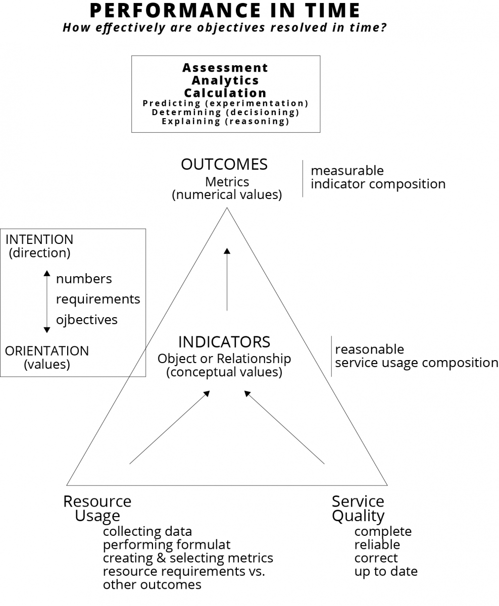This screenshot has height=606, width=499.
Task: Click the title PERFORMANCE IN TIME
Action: click(x=225, y=11)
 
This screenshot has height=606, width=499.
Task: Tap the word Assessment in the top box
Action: click(x=225, y=68)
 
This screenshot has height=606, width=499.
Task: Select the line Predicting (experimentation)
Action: click(x=226, y=103)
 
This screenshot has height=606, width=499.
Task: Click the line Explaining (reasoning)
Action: click(x=226, y=121)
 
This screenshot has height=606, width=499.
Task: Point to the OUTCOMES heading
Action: click(x=224, y=164)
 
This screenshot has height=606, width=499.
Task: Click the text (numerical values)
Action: click(x=227, y=195)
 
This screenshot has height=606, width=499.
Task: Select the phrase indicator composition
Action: click(x=378, y=184)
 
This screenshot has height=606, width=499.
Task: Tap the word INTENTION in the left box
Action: click(x=39, y=239)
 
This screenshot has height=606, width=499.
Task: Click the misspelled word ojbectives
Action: click(x=87, y=320)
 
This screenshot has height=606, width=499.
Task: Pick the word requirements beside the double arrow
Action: click(x=98, y=299)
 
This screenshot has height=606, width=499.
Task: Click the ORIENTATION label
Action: click(x=47, y=351)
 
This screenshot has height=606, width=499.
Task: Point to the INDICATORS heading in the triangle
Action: click(x=224, y=342)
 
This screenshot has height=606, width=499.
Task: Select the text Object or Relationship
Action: click(x=224, y=359)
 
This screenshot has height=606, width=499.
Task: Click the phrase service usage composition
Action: click(x=417, y=363)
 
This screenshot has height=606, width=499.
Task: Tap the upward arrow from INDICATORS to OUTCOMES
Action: click(x=227, y=279)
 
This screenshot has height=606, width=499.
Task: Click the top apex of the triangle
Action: click(x=227, y=208)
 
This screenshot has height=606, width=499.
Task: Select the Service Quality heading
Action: click(x=358, y=509)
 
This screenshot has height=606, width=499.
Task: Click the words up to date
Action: click(x=386, y=572)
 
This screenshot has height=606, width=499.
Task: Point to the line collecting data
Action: click(x=147, y=532)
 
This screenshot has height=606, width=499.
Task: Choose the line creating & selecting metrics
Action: click(x=188, y=559)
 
